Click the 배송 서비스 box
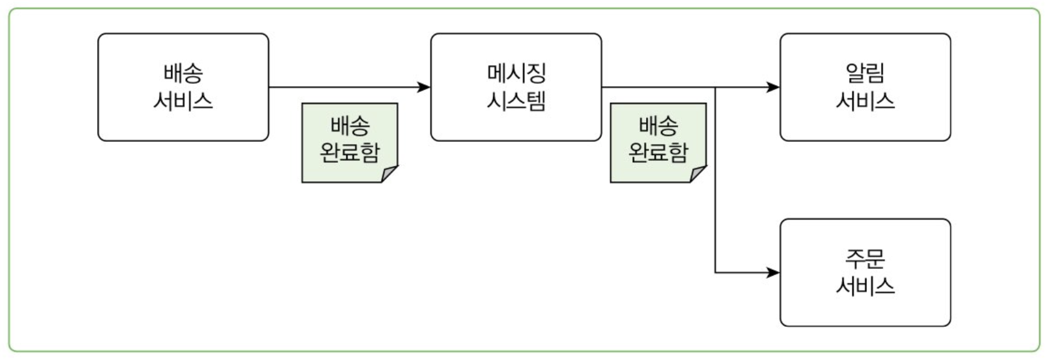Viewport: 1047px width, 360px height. coord(183,87)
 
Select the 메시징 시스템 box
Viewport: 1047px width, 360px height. coord(516,87)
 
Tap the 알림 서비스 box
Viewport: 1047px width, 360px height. coord(865,87)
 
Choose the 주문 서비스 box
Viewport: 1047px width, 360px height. coord(865,273)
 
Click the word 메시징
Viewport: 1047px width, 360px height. coord(516,73)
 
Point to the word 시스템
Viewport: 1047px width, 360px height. coord(516,101)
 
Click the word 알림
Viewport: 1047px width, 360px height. coord(865,73)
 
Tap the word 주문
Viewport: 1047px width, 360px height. coord(865,258)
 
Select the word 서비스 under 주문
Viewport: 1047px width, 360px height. coord(865,286)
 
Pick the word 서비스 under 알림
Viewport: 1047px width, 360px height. coord(865,101)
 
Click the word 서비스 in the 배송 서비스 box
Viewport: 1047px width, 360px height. coord(183,101)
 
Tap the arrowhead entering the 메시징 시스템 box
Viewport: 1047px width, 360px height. coord(425,87)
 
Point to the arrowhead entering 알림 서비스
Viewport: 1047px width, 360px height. coord(774,87)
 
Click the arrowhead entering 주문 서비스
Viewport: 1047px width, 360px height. coord(774,273)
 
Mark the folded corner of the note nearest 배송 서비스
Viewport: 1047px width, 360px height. coord(389,174)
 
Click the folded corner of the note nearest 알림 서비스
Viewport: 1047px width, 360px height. coord(698,174)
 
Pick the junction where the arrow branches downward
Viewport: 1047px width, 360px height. coord(715,87)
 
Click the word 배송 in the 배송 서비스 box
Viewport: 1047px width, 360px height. coord(183,73)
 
